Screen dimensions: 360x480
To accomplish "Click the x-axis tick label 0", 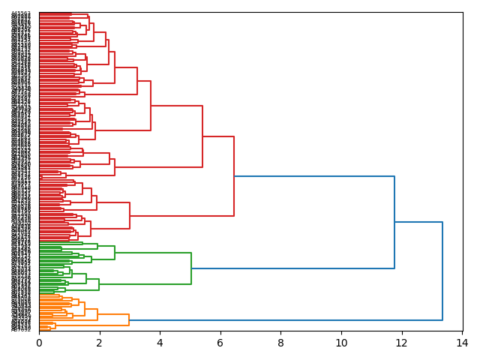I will (x=39, y=343).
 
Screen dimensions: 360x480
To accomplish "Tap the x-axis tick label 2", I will (x=100, y=343).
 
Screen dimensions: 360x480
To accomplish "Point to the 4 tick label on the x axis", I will (x=160, y=343).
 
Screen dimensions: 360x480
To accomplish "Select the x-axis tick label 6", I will (x=220, y=343).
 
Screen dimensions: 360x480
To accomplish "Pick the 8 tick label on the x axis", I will (x=281, y=343).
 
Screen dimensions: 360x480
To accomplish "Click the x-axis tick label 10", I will (x=341, y=343).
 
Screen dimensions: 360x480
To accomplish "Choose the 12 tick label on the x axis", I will (x=402, y=343).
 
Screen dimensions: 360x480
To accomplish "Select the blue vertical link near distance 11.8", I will (x=394, y=222).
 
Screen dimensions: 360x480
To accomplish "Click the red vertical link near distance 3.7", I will (x=151, y=105).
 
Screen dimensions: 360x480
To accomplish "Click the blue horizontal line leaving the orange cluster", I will (x=285, y=320).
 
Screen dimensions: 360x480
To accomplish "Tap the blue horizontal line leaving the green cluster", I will (x=292, y=268).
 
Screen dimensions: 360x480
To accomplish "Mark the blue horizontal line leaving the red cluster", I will (x=315, y=176).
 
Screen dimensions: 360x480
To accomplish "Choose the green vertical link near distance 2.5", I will (x=115, y=252).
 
